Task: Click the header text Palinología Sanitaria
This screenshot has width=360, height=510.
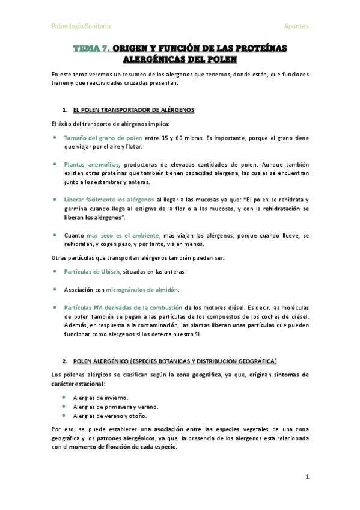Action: click(x=81, y=26)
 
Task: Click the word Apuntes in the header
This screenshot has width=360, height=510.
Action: click(x=296, y=26)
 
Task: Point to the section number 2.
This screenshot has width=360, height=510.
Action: click(x=64, y=361)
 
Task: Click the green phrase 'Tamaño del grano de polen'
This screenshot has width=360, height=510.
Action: click(x=103, y=138)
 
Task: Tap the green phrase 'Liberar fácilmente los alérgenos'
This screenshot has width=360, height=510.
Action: click(x=109, y=200)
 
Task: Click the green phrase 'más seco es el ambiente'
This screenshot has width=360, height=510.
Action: click(x=123, y=235)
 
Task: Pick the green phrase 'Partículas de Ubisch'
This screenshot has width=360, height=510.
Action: click(x=92, y=271)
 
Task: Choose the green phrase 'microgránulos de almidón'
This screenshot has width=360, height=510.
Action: click(x=142, y=289)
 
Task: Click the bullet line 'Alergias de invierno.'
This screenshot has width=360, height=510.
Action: click(x=100, y=398)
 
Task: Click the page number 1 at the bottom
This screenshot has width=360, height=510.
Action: click(x=307, y=477)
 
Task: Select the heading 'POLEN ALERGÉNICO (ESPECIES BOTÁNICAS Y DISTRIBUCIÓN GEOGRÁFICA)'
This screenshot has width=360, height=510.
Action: click(x=175, y=361)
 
